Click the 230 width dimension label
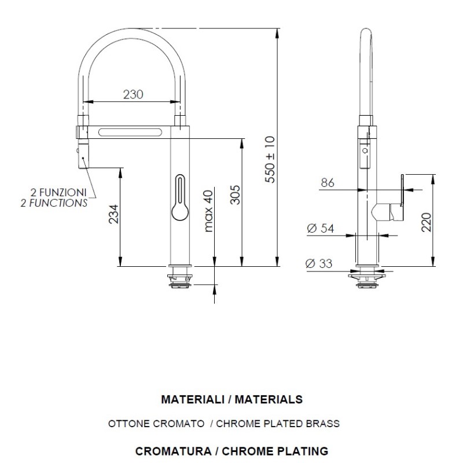[133, 94]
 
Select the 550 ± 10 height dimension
[270, 160]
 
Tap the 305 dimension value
[236, 194]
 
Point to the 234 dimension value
[113, 214]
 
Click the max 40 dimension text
[208, 211]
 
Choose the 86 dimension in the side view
[328, 183]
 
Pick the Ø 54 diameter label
[321, 228]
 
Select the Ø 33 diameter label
[319, 263]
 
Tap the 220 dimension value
[427, 222]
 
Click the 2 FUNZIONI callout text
[58, 193]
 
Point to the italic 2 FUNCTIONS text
[54, 203]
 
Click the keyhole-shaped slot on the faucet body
[180, 197]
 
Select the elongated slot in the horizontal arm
[130, 132]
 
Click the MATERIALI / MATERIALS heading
[232, 399]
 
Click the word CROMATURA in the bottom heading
[173, 451]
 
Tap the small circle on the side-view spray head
[366, 150]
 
